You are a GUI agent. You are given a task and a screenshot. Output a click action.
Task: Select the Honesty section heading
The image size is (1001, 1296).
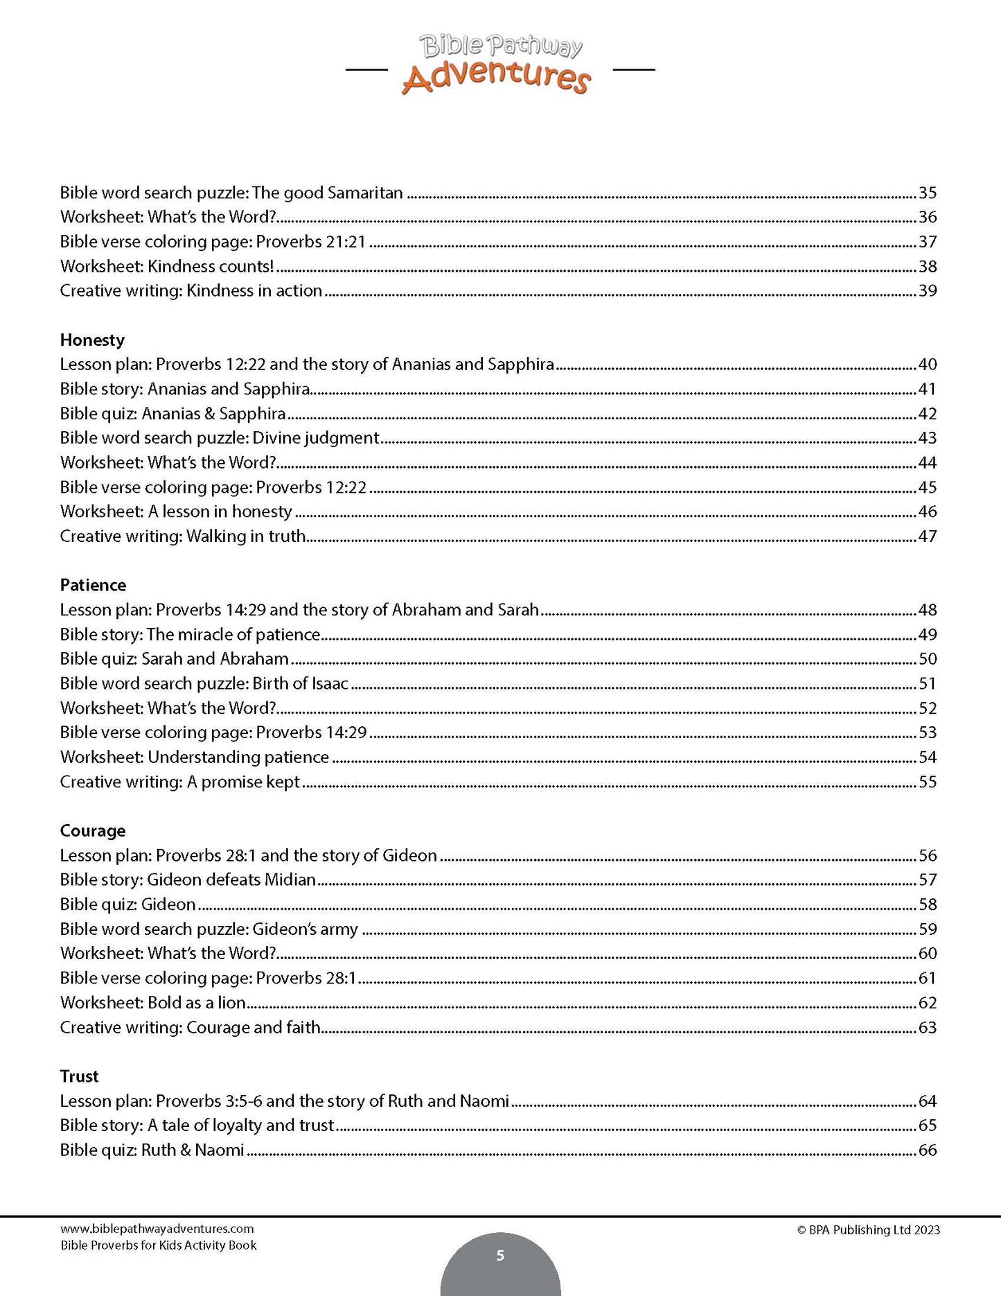click(x=92, y=340)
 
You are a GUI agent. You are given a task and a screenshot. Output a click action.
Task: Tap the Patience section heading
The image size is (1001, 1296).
click(x=93, y=585)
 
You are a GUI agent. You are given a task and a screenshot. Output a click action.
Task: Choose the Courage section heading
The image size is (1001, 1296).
click(x=93, y=830)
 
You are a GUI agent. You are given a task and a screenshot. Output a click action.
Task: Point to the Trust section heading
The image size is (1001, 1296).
click(x=79, y=1076)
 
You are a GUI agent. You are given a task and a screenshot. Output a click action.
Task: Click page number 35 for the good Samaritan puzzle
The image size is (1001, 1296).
click(x=927, y=193)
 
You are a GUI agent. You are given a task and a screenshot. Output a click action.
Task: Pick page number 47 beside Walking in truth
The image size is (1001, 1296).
click(x=927, y=536)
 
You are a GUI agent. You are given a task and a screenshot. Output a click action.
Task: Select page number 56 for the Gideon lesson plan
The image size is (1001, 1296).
click(x=927, y=855)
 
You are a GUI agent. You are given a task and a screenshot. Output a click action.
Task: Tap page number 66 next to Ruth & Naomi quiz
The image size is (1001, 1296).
click(x=927, y=1150)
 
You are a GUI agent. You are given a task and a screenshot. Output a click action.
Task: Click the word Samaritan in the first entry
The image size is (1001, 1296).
click(x=364, y=193)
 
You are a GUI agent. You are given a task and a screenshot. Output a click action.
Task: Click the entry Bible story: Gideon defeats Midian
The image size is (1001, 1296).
click(x=188, y=879)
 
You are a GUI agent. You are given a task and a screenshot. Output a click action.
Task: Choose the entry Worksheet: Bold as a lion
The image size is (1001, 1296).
click(x=153, y=1002)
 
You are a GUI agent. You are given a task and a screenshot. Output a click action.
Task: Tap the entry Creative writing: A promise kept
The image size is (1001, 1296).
click(x=179, y=782)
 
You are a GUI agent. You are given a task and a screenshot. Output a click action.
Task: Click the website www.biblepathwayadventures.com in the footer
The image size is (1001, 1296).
click(x=157, y=1229)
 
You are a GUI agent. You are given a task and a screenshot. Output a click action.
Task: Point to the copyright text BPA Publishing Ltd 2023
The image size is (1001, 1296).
click(x=869, y=1230)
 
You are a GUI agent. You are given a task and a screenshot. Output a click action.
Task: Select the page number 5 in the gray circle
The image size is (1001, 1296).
click(x=500, y=1256)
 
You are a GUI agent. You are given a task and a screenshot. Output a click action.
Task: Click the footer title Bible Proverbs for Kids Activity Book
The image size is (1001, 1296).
click(x=158, y=1245)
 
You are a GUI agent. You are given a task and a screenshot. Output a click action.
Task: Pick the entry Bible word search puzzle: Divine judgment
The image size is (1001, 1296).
click(x=220, y=438)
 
